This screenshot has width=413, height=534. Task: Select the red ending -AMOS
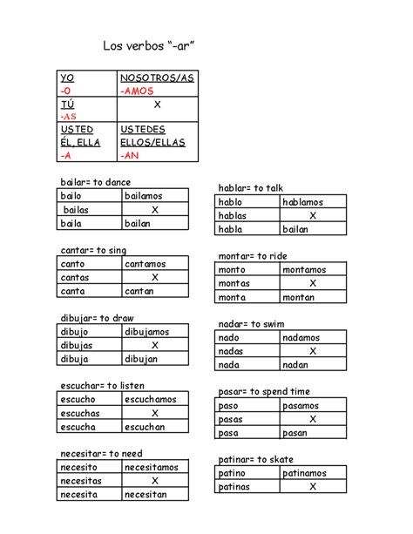138,91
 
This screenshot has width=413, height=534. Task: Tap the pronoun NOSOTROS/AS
157,78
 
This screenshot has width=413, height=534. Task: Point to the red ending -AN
131,155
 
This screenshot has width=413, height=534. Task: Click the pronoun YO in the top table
67,78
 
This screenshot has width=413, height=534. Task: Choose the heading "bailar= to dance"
95,182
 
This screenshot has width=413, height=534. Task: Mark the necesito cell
79,467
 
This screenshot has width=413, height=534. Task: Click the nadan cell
300,365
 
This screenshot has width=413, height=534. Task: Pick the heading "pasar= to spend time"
264,391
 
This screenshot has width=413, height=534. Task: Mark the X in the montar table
313,283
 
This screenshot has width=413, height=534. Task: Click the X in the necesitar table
155,480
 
